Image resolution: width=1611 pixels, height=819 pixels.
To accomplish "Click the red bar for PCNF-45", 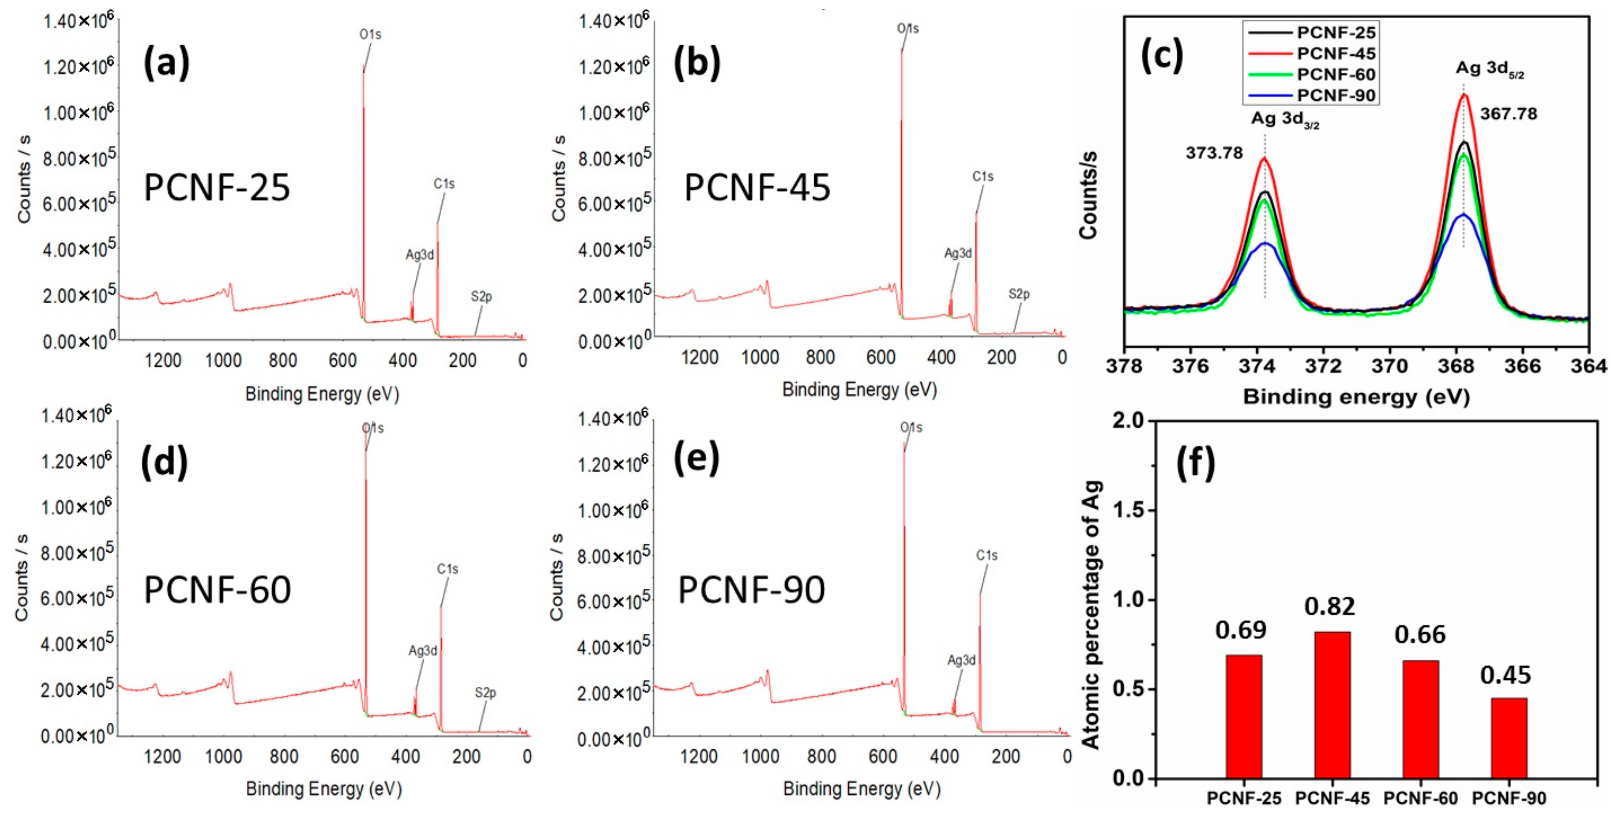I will [1332, 705].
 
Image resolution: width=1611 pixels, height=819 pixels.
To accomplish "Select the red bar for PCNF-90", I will [1508, 738].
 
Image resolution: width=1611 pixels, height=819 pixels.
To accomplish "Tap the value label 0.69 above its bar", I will [1241, 630].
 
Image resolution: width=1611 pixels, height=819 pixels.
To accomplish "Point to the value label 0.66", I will [1420, 635].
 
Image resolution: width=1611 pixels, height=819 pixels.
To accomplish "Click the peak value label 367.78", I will [1508, 114].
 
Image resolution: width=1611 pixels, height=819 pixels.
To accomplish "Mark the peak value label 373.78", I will [1214, 153].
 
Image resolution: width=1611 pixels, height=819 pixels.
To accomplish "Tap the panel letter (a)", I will [166, 65].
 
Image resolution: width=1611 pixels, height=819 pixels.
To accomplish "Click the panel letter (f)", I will [1195, 463].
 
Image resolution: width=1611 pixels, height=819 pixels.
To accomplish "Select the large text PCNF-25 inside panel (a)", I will [217, 187].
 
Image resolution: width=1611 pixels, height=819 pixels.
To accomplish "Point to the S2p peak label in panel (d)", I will [485, 693].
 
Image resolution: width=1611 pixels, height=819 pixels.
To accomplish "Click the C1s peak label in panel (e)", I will [987, 555].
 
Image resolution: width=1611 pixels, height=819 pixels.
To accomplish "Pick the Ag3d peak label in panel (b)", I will [957, 253].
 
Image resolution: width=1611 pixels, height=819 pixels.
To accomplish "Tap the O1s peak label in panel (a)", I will [370, 34].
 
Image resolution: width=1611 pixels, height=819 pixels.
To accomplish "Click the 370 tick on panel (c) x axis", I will [1389, 366].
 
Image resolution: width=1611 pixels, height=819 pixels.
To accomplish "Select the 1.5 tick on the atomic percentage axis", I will [1127, 510].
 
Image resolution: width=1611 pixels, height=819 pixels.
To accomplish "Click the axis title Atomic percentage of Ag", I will [1091, 615].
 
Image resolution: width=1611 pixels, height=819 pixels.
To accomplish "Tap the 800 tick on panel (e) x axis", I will [821, 756].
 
